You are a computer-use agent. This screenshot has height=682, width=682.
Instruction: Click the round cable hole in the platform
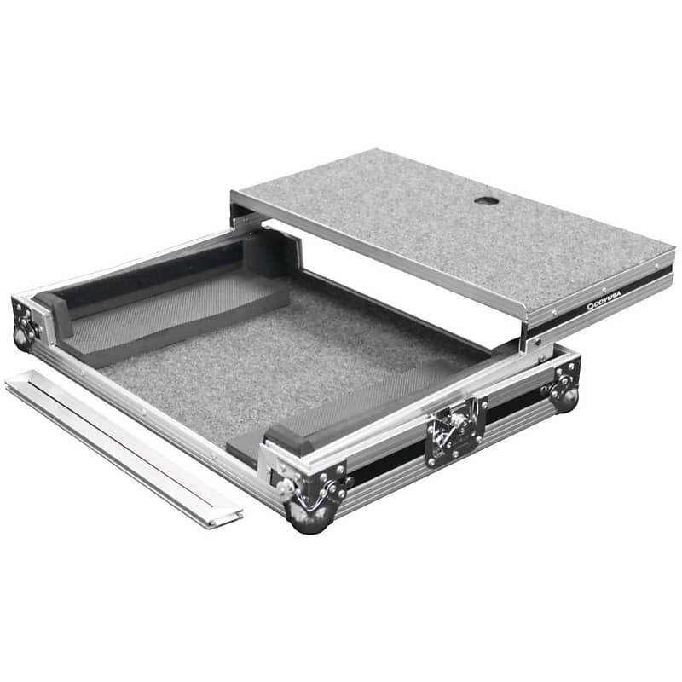[487, 201]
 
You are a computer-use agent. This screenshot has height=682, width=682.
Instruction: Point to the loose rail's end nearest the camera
[230, 516]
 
